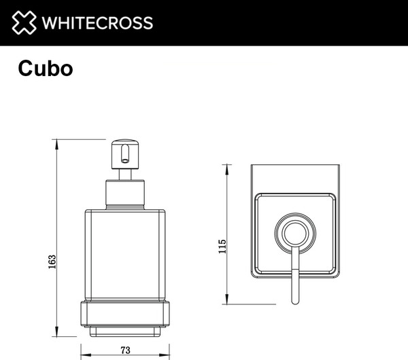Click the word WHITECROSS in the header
point(97,23)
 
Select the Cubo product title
point(46,69)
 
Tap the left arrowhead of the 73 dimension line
point(84,355)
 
